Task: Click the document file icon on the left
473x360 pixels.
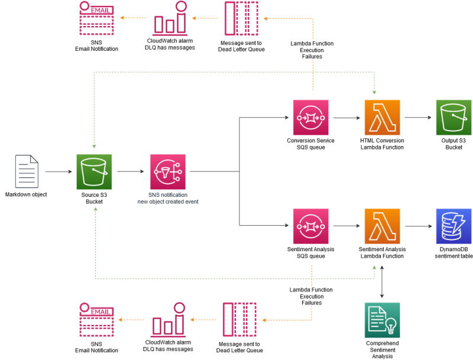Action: pos(27,171)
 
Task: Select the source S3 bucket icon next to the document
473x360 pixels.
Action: pos(94,171)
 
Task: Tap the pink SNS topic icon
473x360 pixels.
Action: pos(167,171)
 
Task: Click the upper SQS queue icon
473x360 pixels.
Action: pos(310,117)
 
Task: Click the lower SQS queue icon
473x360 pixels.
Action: pos(310,226)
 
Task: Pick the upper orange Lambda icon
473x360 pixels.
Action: pos(382,117)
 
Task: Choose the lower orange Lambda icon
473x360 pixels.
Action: pos(382,226)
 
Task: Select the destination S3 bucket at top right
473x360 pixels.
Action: pos(453,117)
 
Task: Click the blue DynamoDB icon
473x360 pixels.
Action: pos(453,226)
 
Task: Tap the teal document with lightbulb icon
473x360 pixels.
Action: pos(382,320)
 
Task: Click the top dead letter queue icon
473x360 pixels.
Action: pos(241,18)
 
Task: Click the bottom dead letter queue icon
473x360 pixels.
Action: pos(239,319)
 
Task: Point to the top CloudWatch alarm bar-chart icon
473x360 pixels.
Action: pos(170,20)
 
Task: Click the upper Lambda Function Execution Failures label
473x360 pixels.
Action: pos(312,50)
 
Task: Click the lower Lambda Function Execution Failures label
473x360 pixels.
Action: pos(312,296)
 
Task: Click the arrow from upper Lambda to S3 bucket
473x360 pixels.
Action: pos(418,118)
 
